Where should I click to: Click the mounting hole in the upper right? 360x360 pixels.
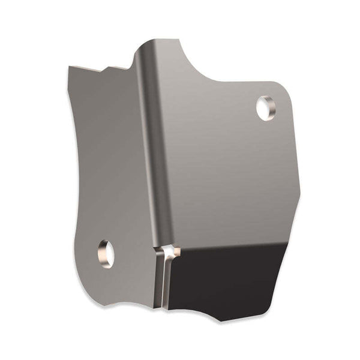click(x=265, y=108)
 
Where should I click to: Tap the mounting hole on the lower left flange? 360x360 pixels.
click(x=106, y=253)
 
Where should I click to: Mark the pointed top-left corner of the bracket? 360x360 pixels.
click(x=70, y=67)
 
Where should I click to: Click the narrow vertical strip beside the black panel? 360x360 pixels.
click(x=161, y=282)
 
